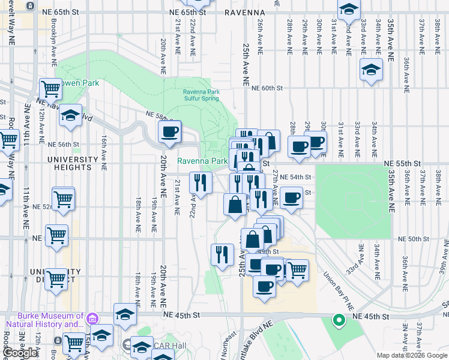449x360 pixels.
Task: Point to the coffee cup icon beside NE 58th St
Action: coord(169,132)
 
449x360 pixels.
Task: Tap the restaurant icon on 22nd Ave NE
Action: coord(200,183)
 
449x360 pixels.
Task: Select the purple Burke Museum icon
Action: coord(91,317)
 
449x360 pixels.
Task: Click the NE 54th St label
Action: coord(296,177)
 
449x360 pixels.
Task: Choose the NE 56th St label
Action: coord(64,145)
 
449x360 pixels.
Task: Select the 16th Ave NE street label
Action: coord(104,149)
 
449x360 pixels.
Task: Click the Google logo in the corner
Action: coord(20,353)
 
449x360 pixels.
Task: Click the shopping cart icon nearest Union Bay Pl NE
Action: coord(298,270)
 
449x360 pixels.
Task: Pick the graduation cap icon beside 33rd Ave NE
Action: coord(371,70)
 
